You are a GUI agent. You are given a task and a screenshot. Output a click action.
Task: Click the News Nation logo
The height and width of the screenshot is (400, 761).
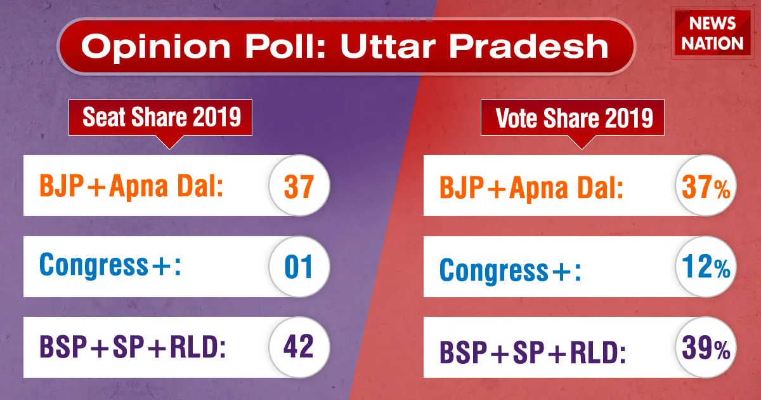pyautogui.click(x=712, y=33)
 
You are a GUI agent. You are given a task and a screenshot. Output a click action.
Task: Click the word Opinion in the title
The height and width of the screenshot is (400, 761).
pyautogui.click(x=156, y=47)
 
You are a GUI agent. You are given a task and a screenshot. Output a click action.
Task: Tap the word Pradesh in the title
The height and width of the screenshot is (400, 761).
pyautogui.click(x=529, y=46)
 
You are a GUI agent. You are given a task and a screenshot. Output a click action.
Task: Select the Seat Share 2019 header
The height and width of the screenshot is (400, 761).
pyautogui.click(x=160, y=117)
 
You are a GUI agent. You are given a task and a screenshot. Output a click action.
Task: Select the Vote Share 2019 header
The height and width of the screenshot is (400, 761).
pyautogui.click(x=573, y=117)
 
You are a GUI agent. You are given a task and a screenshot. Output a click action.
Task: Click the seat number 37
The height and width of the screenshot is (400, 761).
pyautogui.click(x=299, y=187)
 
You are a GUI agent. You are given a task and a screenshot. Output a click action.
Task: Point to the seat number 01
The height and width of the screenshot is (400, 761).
pyautogui.click(x=299, y=267)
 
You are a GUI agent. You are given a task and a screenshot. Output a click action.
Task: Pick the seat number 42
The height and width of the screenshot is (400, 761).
pyautogui.click(x=298, y=346)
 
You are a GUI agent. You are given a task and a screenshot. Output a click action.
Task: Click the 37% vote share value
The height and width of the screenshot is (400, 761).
pyautogui.click(x=706, y=187)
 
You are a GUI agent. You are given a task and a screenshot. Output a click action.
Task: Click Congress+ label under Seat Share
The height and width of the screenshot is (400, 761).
pyautogui.click(x=110, y=265)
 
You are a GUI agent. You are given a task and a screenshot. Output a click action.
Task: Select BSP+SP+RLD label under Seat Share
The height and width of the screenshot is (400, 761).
pyautogui.click(x=133, y=346)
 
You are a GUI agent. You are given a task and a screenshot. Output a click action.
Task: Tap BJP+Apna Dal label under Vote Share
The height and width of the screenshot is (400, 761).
pyautogui.click(x=531, y=187)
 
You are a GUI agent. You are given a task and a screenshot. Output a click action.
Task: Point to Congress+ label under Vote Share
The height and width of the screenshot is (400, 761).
pyautogui.click(x=511, y=270)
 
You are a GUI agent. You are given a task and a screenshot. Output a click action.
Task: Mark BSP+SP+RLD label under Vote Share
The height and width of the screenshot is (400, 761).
pyautogui.click(x=533, y=352)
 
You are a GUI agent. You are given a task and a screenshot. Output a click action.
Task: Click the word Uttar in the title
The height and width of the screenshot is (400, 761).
pyautogui.click(x=388, y=46)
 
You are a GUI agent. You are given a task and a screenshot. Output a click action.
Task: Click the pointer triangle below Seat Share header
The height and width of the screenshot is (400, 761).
pyautogui.click(x=169, y=142)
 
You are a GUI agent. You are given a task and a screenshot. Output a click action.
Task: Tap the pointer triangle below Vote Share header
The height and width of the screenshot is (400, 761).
pyautogui.click(x=582, y=142)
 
